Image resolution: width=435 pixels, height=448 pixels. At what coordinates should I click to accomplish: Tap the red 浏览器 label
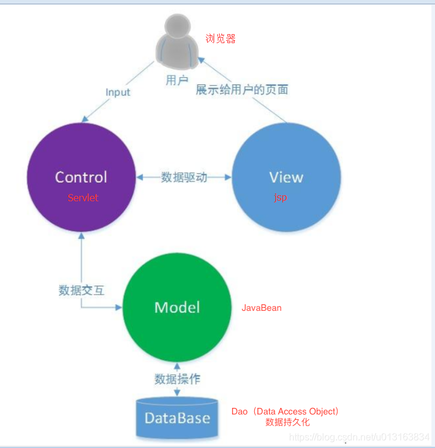[221, 39]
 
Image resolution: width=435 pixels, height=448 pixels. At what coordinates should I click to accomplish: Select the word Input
[118, 92]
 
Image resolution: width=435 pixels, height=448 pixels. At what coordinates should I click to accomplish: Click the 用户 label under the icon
[177, 80]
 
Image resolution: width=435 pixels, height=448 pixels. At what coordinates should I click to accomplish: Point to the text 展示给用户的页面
[242, 90]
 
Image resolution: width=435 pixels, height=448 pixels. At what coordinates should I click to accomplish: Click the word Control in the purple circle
[81, 177]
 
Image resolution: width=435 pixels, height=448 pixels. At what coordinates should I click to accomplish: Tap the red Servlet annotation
[83, 198]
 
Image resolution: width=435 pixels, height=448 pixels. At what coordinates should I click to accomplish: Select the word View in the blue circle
[286, 178]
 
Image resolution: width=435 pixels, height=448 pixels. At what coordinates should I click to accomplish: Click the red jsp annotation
[280, 198]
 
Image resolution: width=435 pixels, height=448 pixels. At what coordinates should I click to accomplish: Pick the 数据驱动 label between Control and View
[184, 177]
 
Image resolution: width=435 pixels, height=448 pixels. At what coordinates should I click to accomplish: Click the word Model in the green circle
[177, 307]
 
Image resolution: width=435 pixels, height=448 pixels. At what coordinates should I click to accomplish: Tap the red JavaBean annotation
[261, 308]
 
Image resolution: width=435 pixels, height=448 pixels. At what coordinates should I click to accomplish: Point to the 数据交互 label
[82, 290]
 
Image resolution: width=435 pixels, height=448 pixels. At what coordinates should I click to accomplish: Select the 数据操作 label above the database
[177, 379]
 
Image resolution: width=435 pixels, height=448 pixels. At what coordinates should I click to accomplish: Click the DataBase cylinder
[177, 417]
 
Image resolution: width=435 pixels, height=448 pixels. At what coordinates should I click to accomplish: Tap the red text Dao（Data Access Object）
[285, 411]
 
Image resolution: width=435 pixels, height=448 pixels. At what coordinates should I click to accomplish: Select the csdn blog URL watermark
[359, 437]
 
